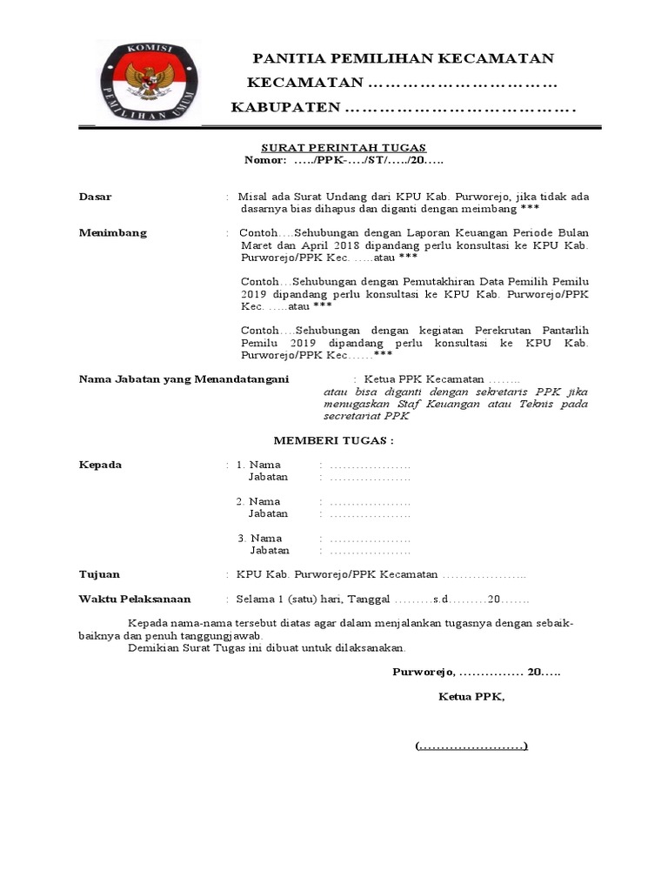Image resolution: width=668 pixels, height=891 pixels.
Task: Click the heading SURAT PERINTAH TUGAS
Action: (344, 148)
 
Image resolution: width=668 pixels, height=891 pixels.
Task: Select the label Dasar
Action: (96, 198)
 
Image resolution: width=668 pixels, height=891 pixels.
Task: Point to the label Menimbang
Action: (113, 233)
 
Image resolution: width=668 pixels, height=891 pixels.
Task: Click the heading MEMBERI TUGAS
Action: (334, 441)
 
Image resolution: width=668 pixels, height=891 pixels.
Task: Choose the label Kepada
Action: (101, 465)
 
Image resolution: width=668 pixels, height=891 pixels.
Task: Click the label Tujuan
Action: (100, 575)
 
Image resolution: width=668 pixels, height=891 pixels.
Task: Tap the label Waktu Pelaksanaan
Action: (135, 600)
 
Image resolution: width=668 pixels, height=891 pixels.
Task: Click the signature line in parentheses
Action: (471, 747)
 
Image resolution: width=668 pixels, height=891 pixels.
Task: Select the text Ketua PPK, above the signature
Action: (471, 697)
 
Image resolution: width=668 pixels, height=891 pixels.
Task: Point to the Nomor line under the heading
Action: (344, 161)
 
